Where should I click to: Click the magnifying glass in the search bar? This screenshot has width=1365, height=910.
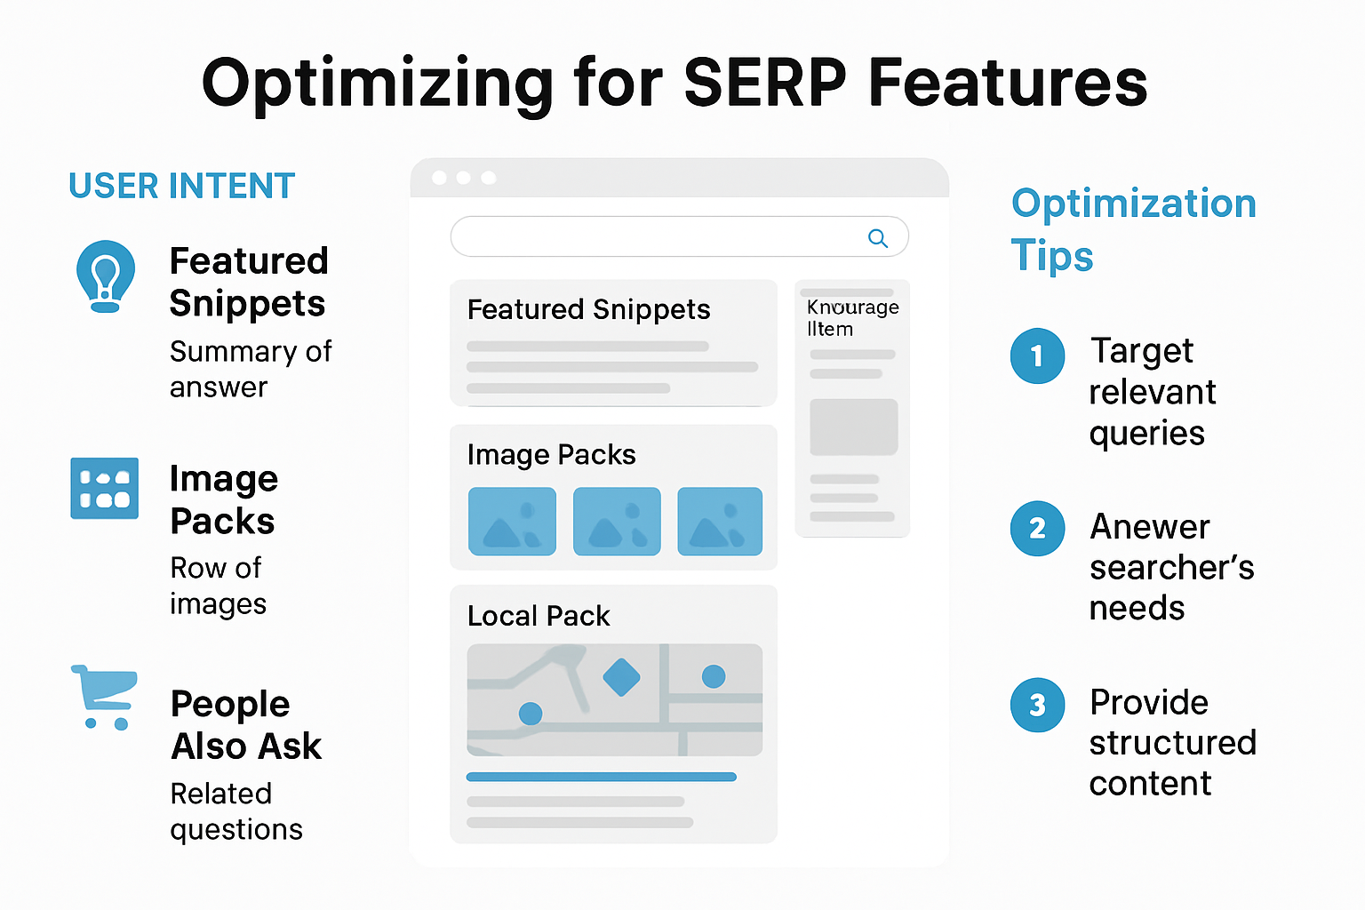pos(877,238)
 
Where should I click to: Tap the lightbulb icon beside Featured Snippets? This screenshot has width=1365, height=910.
pos(106,275)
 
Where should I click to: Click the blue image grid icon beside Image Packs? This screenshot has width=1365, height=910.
pos(105,488)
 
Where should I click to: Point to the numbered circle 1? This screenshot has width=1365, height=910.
pos(1037,356)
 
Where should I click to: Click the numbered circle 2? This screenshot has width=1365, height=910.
pos(1037,529)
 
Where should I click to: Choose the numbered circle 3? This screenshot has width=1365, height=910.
pos(1037,706)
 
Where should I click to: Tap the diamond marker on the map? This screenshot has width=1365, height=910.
pos(621,678)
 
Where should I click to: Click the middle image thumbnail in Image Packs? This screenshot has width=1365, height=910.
pos(617,522)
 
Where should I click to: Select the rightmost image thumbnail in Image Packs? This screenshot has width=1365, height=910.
pos(720,522)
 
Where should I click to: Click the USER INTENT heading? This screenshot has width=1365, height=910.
pos(181,187)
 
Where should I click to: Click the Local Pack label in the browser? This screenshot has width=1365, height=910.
pos(539,616)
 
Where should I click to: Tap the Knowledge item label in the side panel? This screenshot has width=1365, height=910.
pos(851,318)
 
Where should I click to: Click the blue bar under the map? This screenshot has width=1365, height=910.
pos(601,777)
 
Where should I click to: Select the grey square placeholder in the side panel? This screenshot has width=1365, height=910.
pos(853,427)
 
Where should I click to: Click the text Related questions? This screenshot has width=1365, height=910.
pos(235,811)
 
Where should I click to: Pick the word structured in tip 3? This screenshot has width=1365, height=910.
pos(1172,743)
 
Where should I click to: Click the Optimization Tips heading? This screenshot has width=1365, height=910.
pos(1133,229)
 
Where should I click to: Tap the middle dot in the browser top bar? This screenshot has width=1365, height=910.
pos(463,178)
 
